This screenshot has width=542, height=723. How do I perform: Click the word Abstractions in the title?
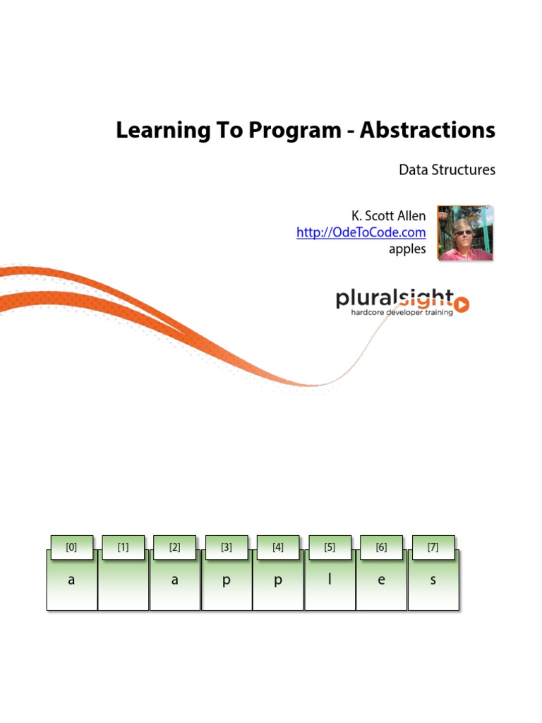coord(428,131)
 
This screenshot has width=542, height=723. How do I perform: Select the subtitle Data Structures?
coord(447,169)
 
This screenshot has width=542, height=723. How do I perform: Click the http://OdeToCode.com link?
coord(361,232)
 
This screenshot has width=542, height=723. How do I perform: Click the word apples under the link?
coord(407,249)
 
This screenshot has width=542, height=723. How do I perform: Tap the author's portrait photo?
coord(465,233)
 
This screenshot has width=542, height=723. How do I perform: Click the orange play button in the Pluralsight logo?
coord(462,304)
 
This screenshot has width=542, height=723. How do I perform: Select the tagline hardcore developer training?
coord(402,311)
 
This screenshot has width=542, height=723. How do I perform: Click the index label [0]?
coord(71,546)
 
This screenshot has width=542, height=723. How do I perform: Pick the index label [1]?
coord(124,546)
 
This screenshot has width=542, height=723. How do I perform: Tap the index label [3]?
coord(227,546)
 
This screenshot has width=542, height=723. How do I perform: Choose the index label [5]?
coord(330,546)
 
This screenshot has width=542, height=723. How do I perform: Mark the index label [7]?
coord(433,546)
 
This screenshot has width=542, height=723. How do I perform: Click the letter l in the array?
coord(330,580)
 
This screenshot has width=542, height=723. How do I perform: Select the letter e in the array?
coord(381,581)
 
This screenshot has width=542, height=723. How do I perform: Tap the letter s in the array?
coord(433,581)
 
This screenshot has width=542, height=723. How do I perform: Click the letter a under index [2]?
coord(174,581)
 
